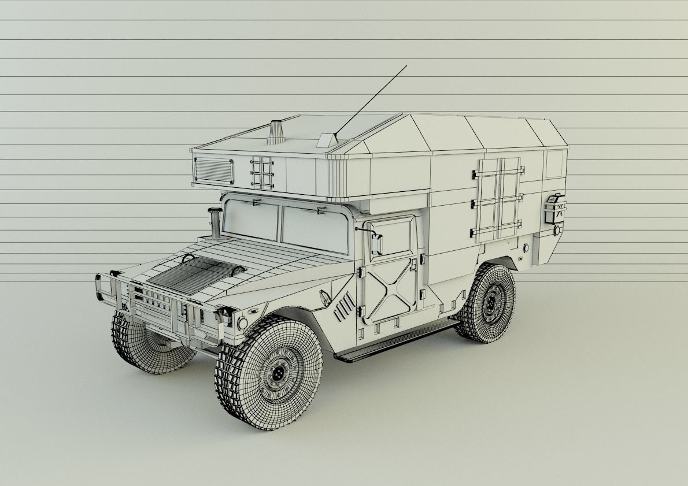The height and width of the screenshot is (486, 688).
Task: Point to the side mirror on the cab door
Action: click(377, 244)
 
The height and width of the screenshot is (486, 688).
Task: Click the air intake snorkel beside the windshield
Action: click(214, 222)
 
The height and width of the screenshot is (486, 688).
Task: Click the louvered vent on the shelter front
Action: click(214, 170)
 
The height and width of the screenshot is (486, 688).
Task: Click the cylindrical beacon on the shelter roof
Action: click(276, 132)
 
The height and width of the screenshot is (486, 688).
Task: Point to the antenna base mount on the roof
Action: click(327, 139)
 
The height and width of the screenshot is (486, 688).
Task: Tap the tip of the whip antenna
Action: click(406, 66)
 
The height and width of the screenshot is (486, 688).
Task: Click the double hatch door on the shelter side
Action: click(497, 199)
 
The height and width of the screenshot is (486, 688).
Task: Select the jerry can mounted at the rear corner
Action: click(554, 209)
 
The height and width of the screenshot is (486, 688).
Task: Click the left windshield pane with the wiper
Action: click(251, 220)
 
